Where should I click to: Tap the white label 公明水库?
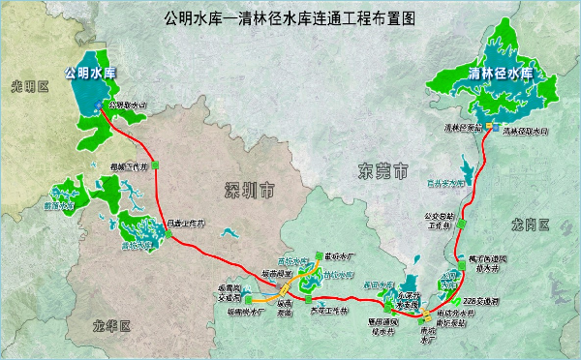click(x=89, y=72)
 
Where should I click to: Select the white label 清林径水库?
click(x=500, y=73)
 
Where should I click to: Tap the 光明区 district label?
click(x=29, y=87)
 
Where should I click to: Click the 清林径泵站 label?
click(x=463, y=128)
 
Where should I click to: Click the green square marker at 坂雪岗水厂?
click(x=248, y=300)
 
